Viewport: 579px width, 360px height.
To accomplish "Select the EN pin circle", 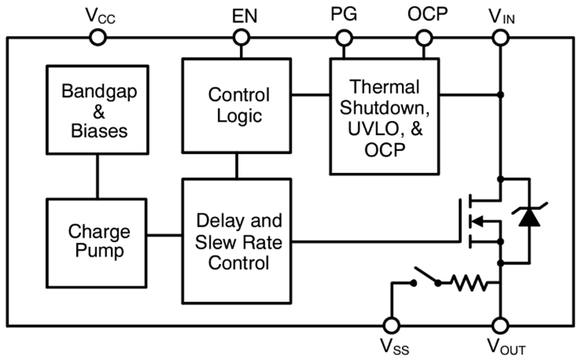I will point(241,38).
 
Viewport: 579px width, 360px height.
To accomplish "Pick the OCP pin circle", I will point(424,38).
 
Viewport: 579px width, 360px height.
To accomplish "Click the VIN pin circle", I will point(501,38).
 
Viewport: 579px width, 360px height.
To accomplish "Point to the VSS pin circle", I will point(392,325).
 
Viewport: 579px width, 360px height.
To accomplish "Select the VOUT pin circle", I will point(501,325).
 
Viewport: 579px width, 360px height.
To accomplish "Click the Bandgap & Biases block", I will point(97,110).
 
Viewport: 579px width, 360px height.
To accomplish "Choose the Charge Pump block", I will point(97,242).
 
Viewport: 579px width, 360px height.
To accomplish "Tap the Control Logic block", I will point(236,105).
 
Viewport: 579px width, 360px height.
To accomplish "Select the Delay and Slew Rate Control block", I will point(236,241).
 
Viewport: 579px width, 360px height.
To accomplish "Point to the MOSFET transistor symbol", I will point(481,221).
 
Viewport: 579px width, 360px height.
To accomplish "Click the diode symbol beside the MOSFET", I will point(529,218).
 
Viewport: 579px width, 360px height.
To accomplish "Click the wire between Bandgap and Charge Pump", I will point(97,177).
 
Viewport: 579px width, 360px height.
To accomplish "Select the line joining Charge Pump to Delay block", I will point(164,236).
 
